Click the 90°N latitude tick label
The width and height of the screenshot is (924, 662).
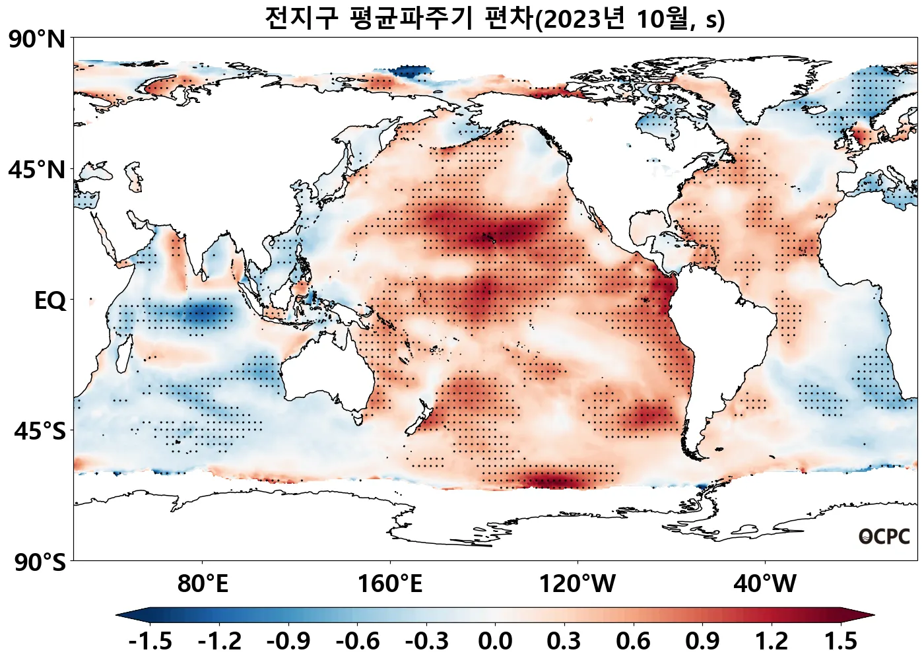[37, 40]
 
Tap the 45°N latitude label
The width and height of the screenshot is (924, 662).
[37, 170]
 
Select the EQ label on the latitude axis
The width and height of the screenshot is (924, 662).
[50, 301]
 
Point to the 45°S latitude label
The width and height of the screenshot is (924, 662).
[40, 432]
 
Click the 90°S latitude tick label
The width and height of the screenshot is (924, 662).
[40, 563]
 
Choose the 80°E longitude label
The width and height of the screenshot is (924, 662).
[203, 584]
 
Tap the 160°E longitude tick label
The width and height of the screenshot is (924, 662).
[390, 584]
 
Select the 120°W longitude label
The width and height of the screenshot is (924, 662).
[577, 584]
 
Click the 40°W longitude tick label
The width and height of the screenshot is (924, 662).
[765, 584]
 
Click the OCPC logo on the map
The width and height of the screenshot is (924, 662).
[884, 537]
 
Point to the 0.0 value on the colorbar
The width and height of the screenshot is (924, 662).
[495, 641]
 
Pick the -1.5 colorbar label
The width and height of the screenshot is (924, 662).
[150, 641]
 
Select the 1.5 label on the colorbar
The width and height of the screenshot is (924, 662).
[841, 641]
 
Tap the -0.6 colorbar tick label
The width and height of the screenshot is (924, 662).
[357, 641]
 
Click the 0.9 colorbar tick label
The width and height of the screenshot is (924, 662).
[702, 641]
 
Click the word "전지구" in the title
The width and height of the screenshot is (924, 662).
[301, 18]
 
